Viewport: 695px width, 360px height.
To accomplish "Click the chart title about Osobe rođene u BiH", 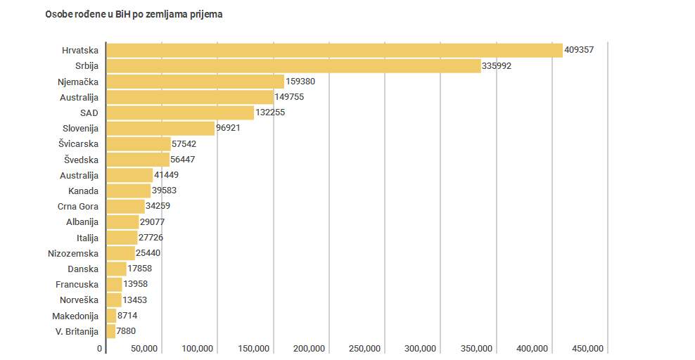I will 134,14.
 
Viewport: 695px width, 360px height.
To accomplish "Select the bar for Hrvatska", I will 334,51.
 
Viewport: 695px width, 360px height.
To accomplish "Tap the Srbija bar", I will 293,66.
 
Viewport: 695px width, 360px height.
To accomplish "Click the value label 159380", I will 300,82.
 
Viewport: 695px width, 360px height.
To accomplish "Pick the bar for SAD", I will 180,112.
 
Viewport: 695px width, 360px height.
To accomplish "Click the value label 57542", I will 184,144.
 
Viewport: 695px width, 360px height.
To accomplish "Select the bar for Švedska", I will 138,160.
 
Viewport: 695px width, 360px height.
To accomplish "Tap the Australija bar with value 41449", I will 129,175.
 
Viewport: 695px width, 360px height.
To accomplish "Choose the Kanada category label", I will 83,191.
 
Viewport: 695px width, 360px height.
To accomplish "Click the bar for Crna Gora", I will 125,206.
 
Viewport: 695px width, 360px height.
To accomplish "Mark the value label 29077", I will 153,222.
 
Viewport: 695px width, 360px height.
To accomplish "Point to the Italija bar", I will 122,238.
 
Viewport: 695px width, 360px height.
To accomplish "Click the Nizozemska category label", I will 73,253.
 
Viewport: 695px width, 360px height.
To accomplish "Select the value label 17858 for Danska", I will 140,269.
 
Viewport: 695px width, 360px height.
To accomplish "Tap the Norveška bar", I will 113,300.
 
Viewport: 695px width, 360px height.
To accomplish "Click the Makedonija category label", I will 75,316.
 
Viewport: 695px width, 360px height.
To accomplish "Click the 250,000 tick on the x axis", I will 364,349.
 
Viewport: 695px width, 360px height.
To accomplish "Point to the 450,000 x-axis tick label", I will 587,349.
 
